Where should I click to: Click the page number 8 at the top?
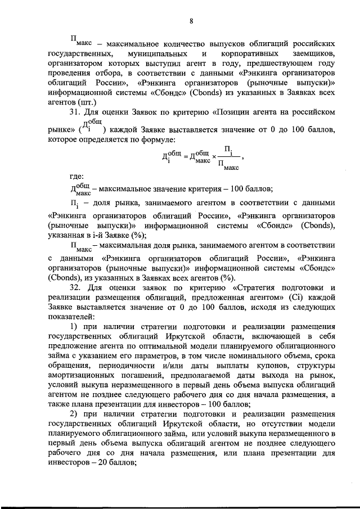pyautogui.click(x=191, y=21)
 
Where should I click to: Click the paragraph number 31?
pyautogui.click(x=76, y=112)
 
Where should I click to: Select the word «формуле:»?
pyautogui.click(x=156, y=138)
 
